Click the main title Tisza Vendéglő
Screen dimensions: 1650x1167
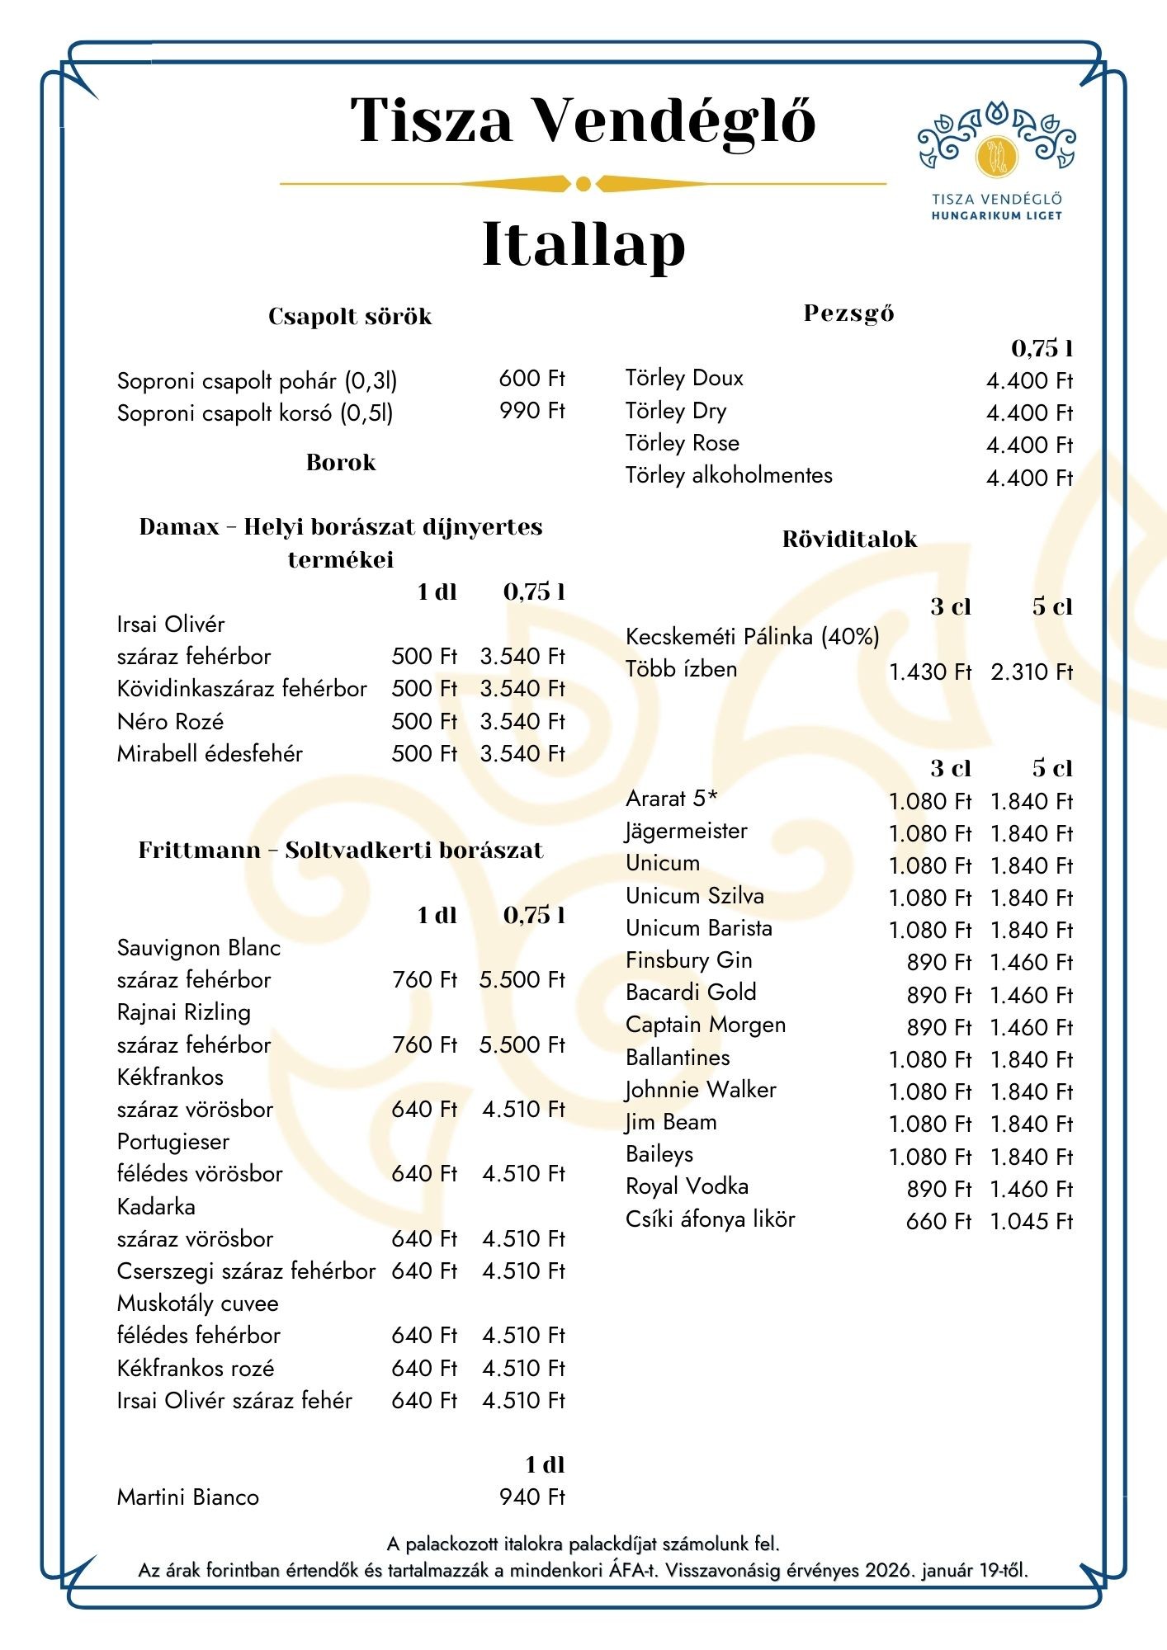point(583,120)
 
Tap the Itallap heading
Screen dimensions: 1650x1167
point(583,244)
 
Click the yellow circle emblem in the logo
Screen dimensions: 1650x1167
point(996,156)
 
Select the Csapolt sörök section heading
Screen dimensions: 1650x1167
point(350,317)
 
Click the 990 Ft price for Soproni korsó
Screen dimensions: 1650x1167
point(532,411)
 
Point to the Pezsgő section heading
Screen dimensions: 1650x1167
point(848,313)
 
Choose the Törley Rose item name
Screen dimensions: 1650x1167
point(682,443)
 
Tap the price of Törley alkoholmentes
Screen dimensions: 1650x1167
point(1028,478)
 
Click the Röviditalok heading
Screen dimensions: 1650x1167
point(849,540)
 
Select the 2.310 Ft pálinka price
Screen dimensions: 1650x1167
point(1031,672)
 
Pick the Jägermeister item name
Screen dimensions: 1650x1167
point(686,831)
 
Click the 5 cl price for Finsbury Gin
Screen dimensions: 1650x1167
point(1031,962)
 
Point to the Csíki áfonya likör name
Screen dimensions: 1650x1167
point(710,1219)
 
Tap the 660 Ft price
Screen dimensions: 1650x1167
point(938,1221)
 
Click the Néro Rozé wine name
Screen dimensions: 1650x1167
point(170,722)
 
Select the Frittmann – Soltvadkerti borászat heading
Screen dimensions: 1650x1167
point(340,851)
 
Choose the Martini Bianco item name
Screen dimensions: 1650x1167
point(187,1497)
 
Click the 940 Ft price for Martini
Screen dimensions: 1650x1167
point(532,1497)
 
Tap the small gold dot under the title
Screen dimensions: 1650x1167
point(583,183)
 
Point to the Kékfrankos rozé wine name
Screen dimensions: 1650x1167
point(195,1369)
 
